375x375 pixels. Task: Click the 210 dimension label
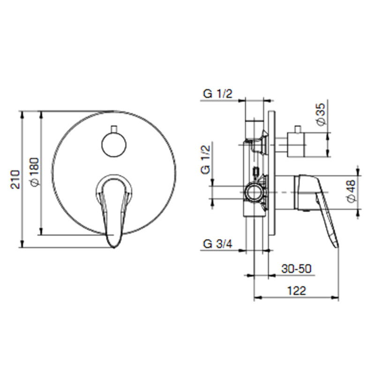15,180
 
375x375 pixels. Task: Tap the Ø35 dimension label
321,114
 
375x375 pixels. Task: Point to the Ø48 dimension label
352,191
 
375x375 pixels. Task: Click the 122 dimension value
297,291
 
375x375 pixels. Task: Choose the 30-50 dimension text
296,269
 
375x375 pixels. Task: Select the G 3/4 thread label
217,244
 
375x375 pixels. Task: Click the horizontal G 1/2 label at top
217,93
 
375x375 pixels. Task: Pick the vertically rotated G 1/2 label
205,160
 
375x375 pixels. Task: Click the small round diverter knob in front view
114,145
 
